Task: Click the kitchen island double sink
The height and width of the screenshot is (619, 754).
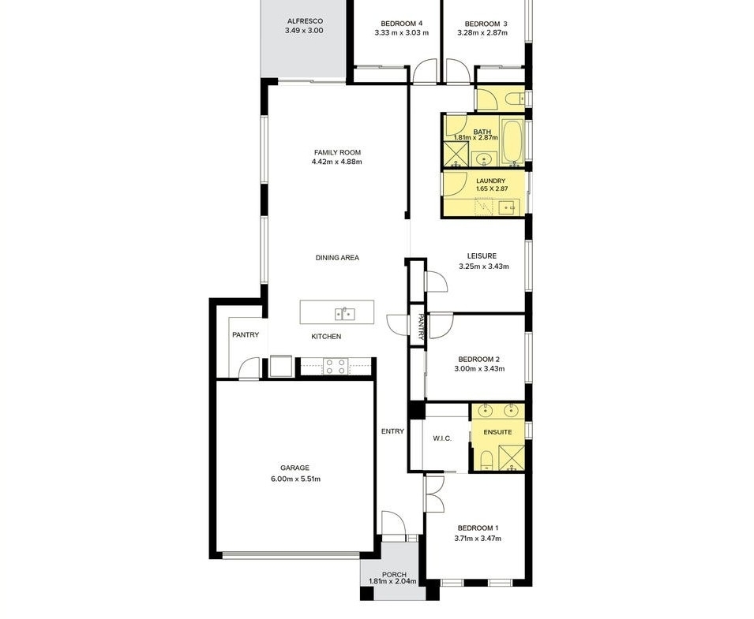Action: point(345,314)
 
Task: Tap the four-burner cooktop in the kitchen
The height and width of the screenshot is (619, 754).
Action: point(336,367)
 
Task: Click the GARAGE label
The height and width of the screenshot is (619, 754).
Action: point(294,468)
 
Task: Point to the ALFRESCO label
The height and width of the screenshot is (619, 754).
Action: point(305,21)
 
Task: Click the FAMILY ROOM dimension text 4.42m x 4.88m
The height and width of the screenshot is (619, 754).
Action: point(336,162)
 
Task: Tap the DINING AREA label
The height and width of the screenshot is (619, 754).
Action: point(337,258)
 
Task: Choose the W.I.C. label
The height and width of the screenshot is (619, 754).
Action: point(442,438)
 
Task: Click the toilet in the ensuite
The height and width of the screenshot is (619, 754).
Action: point(486,460)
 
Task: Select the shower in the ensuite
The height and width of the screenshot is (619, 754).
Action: point(512,458)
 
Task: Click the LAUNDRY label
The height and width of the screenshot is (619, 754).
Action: point(490,181)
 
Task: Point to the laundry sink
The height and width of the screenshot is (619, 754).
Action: point(508,208)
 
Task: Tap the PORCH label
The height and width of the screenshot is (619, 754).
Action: point(394,575)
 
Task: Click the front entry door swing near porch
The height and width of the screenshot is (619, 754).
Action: point(394,523)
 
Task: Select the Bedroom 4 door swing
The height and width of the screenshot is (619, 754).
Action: point(425,71)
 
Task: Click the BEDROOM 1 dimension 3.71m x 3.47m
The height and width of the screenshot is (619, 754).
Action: point(478,539)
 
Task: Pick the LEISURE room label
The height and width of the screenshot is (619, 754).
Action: point(482,256)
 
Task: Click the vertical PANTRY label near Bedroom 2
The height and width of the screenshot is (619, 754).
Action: point(420,327)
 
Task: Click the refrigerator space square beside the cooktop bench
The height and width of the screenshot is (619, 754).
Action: point(281,367)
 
